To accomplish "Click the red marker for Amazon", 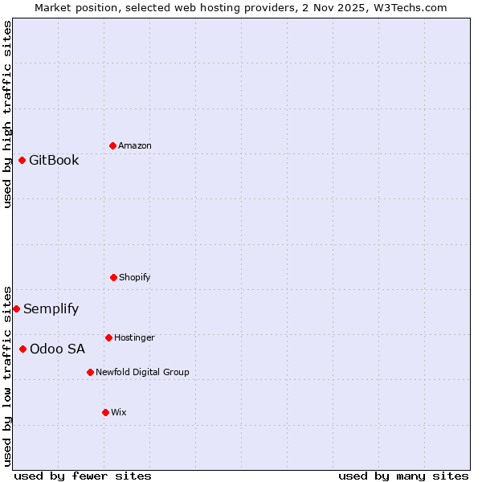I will click(113, 145).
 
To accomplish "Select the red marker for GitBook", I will click(22, 160).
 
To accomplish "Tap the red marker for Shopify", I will click(113, 277).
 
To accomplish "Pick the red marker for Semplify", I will click(16, 308).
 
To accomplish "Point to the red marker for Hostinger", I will click(108, 337).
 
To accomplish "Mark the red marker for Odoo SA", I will click(22, 349).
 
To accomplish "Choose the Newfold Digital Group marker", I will click(90, 372).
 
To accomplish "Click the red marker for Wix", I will click(105, 412).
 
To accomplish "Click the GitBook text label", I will click(54, 160).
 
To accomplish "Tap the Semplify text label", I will click(51, 308).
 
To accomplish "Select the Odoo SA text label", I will click(57, 349).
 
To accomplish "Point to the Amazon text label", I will click(135, 145).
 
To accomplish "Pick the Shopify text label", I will click(135, 277).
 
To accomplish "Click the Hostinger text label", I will click(134, 337).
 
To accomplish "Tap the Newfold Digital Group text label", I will click(142, 372).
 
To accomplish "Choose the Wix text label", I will click(119, 412).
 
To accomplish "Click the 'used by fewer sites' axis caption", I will click(83, 476).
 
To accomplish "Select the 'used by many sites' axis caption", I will click(403, 476).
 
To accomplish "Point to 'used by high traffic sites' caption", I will click(7, 114).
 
